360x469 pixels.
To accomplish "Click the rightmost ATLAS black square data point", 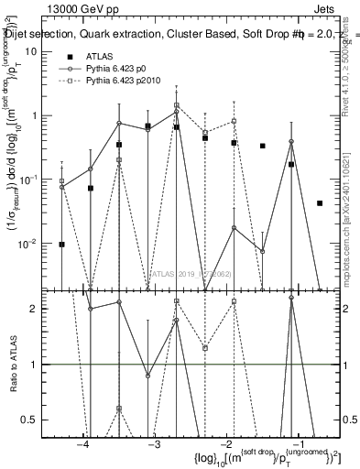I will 320,203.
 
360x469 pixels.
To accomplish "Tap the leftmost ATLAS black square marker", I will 61,245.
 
